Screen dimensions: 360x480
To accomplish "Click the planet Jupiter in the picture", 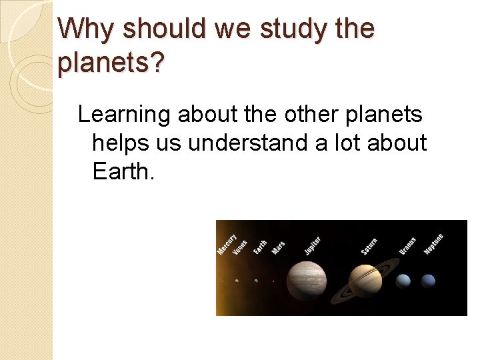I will pos(308,279).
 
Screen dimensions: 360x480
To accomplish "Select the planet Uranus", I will pos(403,281).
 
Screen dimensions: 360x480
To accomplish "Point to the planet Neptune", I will pos(428,281).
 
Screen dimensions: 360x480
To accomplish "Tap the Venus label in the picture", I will pos(241,247).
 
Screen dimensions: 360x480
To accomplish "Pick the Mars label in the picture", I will pos(278,247).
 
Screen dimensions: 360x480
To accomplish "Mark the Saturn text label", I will pos(369,245).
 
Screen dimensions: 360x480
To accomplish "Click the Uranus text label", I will pos(407,245).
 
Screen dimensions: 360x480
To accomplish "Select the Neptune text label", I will pos(433,243).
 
